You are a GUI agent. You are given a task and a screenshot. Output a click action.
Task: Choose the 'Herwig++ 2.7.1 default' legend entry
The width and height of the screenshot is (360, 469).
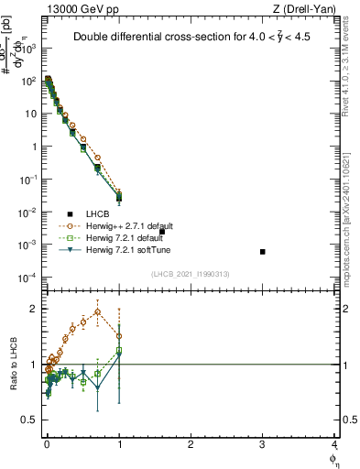[126, 225]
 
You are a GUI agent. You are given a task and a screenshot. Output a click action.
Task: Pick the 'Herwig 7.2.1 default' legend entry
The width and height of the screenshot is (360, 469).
[124, 237]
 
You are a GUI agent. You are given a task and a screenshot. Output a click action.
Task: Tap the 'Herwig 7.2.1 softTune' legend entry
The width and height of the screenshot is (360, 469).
[125, 249]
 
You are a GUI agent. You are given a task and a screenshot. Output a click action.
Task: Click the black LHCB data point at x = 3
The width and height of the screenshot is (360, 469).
[263, 252]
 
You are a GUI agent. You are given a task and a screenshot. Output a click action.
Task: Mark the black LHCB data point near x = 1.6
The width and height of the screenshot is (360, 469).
[162, 232]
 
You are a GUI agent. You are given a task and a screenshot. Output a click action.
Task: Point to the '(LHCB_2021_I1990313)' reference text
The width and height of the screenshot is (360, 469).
[190, 275]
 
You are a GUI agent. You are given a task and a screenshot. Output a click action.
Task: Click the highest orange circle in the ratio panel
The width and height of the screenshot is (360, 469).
[98, 311]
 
